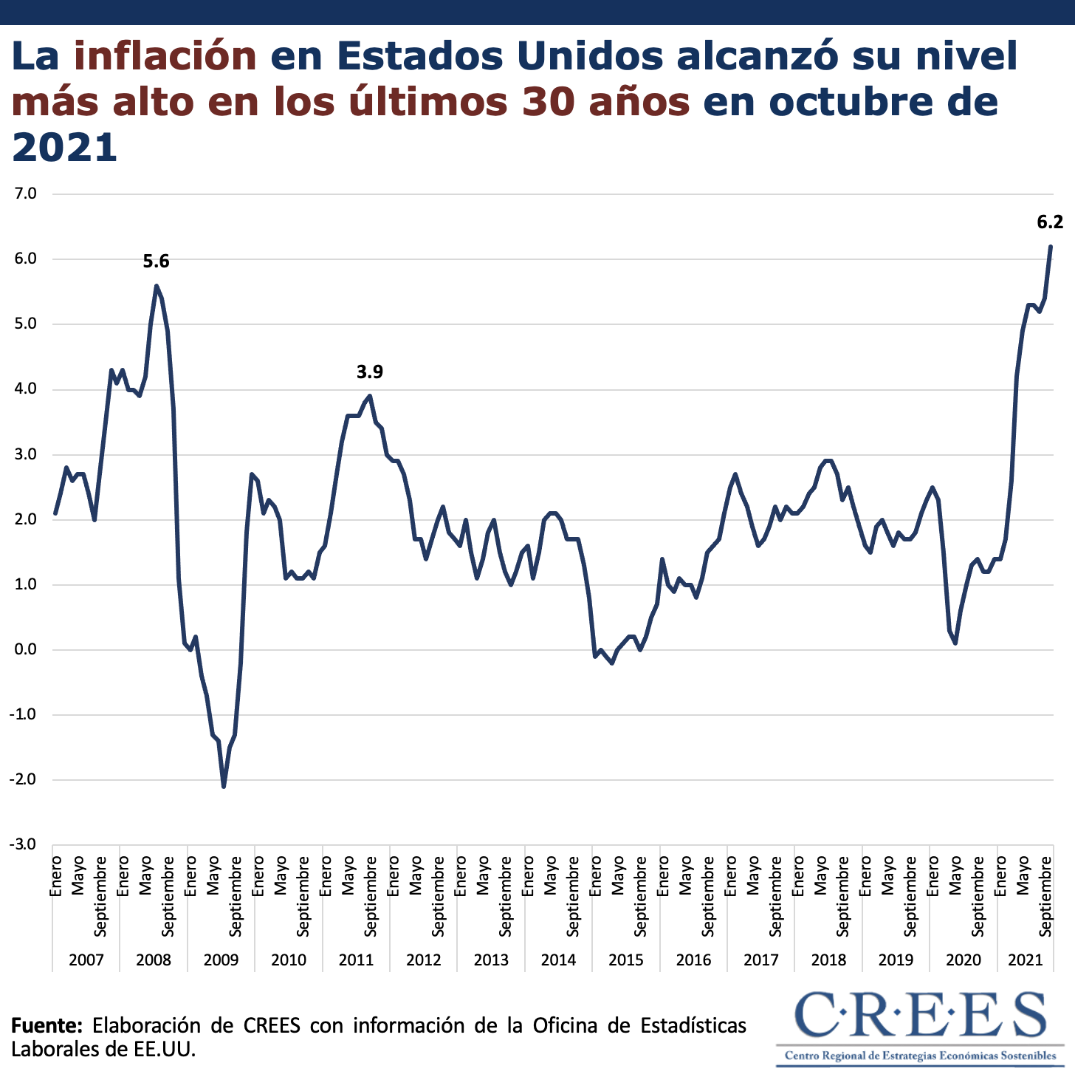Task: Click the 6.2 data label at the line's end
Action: [x=1050, y=222]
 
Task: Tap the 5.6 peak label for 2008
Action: [x=156, y=261]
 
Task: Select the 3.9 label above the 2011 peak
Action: [x=370, y=372]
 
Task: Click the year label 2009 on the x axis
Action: [x=221, y=960]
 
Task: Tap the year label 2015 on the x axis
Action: [x=625, y=960]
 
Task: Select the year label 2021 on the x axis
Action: [x=1026, y=960]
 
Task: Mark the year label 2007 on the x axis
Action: [x=86, y=960]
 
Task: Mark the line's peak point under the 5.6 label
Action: [x=157, y=286]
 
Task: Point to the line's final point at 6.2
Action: [x=1051, y=247]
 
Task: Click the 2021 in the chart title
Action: [x=65, y=148]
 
